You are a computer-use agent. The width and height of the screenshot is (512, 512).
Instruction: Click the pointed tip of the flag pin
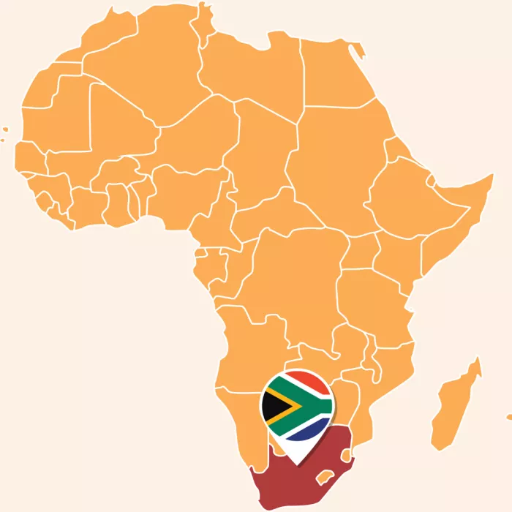(x=297, y=463)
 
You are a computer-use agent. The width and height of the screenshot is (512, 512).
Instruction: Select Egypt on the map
(x=333, y=73)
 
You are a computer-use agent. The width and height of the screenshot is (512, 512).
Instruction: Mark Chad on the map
(x=256, y=146)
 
